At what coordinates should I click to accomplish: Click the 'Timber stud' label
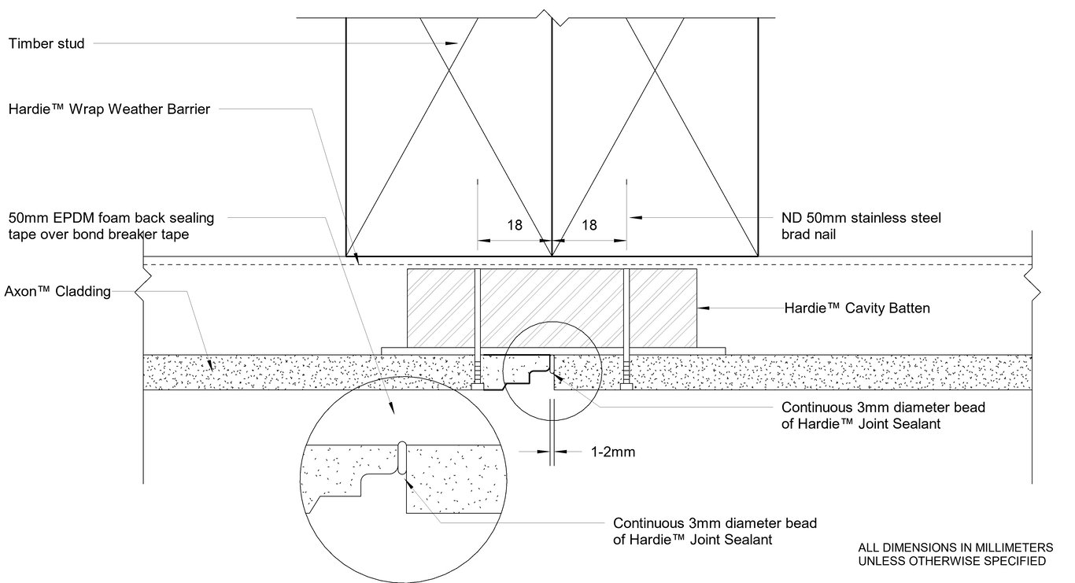click(46, 44)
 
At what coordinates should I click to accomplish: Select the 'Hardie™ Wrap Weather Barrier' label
click(109, 109)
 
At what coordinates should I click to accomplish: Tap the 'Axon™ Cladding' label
click(57, 291)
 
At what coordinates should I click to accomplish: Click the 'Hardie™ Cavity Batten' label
click(857, 308)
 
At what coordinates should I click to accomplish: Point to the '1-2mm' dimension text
click(612, 452)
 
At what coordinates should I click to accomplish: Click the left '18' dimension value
click(514, 225)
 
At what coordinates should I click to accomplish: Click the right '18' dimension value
click(589, 225)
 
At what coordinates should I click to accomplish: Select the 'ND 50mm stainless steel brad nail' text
click(861, 225)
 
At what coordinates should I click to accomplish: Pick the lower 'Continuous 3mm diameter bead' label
click(715, 523)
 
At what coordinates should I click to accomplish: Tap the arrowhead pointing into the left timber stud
click(451, 44)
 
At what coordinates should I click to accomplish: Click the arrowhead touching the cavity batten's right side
click(703, 308)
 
